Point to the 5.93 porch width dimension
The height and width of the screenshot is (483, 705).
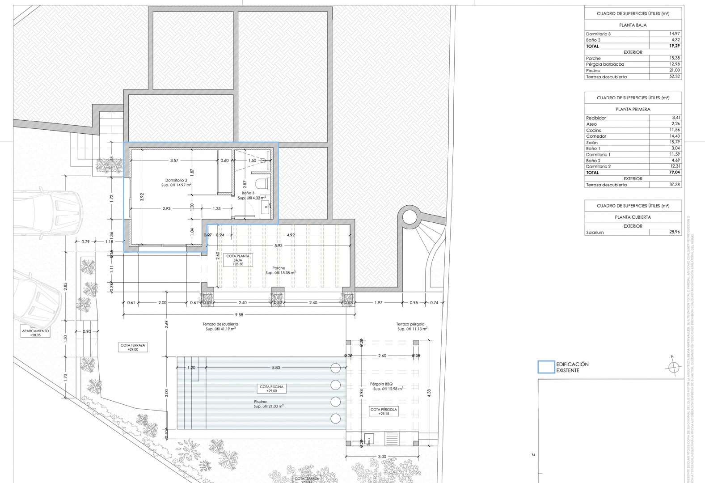click(279, 246)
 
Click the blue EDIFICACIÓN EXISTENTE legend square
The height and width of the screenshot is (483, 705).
click(546, 367)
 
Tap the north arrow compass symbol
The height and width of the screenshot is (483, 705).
click(672, 367)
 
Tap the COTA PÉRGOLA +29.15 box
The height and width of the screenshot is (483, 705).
click(384, 411)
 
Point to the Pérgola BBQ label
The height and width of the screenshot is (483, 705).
click(381, 384)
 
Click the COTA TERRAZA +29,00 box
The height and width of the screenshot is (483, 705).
click(133, 347)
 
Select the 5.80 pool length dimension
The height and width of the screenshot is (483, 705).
click(276, 368)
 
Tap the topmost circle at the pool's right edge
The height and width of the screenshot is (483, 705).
click(335, 368)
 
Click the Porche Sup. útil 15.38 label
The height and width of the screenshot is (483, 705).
click(280, 270)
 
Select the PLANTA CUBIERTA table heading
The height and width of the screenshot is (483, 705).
click(633, 217)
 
